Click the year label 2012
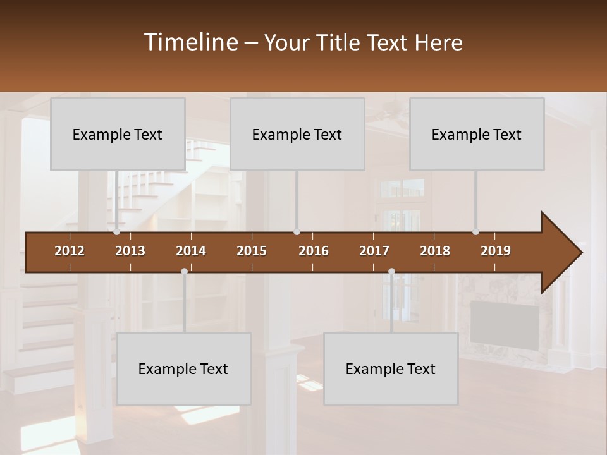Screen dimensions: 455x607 point(70,251)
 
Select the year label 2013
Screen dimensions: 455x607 point(130,251)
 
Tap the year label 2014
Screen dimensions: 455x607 point(191,251)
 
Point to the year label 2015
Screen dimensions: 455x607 point(252,251)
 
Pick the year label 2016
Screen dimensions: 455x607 point(314,251)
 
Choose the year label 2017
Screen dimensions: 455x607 point(374,251)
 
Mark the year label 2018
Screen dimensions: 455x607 point(435,251)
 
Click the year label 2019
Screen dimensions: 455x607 point(496,251)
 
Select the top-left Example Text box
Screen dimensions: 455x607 point(118,134)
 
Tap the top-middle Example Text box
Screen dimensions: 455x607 point(297,134)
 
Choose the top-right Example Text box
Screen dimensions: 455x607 point(477,134)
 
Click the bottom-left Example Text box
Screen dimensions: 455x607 point(183,368)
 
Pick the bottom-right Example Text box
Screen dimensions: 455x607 point(391,368)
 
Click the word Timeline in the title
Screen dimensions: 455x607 point(190,42)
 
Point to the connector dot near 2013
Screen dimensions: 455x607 point(116,232)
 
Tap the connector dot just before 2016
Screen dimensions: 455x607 point(297,232)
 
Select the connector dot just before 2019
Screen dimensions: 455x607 point(475,232)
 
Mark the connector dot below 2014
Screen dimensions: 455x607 point(184,271)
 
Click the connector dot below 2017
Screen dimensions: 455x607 point(391,271)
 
